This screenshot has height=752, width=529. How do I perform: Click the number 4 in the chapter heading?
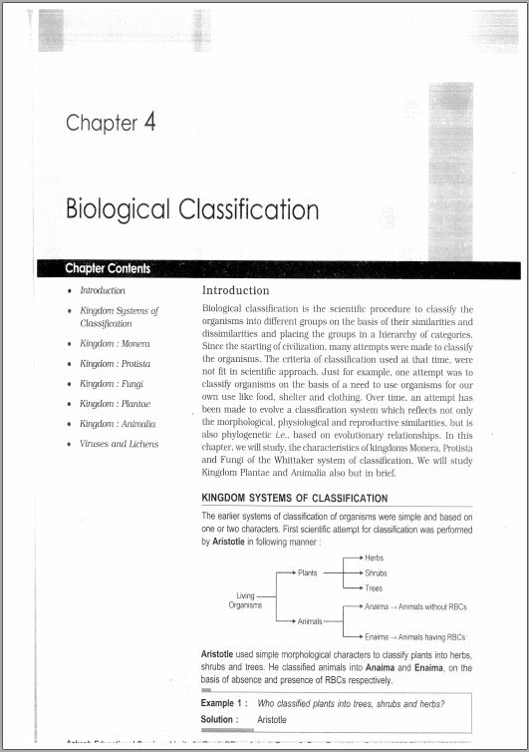click(x=148, y=122)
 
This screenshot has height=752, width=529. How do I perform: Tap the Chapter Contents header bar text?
click(x=108, y=268)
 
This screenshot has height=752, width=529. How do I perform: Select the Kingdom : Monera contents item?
click(x=115, y=343)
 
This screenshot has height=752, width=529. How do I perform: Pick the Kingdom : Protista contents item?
click(x=116, y=363)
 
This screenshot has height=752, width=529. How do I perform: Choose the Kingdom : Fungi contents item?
click(x=112, y=383)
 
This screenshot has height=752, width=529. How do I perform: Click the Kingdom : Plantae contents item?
click(x=116, y=403)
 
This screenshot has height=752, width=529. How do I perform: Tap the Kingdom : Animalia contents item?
click(x=118, y=424)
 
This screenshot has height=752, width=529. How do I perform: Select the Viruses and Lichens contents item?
click(x=119, y=444)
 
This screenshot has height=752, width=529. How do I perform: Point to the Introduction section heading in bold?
click(x=235, y=291)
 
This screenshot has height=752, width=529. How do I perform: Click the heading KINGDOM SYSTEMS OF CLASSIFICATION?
click(x=295, y=498)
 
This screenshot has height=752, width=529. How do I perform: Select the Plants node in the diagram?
click(x=307, y=573)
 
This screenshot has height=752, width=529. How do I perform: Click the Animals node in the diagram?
click(x=310, y=621)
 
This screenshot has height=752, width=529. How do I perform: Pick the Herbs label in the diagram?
click(x=374, y=558)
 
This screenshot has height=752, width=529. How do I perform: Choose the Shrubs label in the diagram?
click(x=376, y=573)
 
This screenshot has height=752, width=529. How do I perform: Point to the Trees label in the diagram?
click(x=374, y=588)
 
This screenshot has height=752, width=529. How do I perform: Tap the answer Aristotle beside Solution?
click(x=272, y=719)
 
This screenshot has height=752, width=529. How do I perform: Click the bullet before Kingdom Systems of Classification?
click(x=68, y=311)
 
